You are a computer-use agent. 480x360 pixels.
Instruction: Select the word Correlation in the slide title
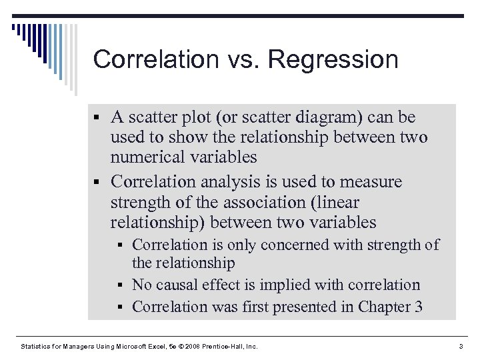click(x=157, y=60)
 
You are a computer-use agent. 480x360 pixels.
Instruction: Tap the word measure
click(x=369, y=182)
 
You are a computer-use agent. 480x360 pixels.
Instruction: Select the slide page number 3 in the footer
click(x=460, y=347)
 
